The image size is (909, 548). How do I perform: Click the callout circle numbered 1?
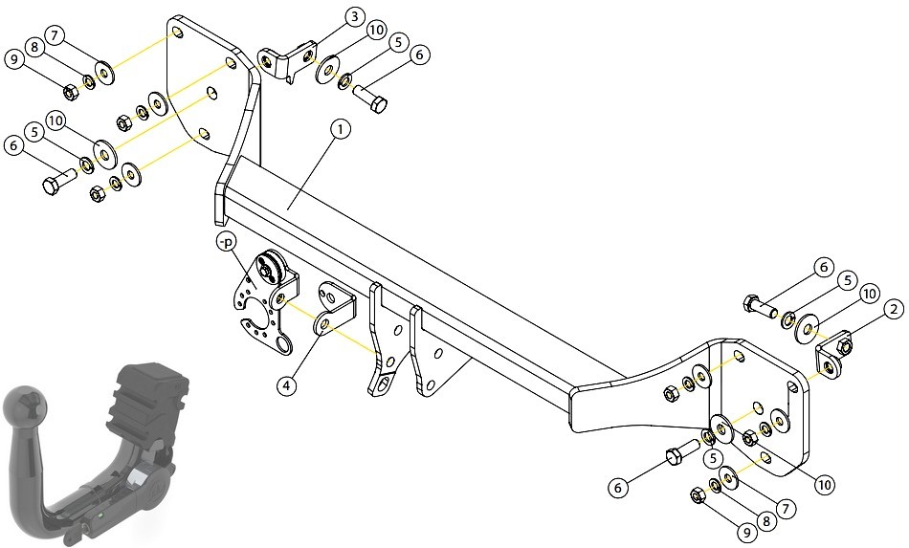pyautogui.click(x=341, y=129)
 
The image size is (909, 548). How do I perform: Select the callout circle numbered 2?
pyautogui.click(x=894, y=309)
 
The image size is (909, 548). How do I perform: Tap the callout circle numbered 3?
pyautogui.click(x=354, y=17)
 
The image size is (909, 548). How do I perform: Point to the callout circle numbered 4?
pyautogui.click(x=286, y=385)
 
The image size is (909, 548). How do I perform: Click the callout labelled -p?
pyautogui.click(x=226, y=242)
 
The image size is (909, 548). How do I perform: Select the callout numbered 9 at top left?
pyautogui.click(x=14, y=59)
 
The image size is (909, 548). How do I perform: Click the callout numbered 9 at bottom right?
pyautogui.click(x=746, y=532)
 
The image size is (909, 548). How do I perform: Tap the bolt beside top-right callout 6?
pyautogui.click(x=760, y=307)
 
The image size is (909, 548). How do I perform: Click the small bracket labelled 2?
pyautogui.click(x=833, y=356)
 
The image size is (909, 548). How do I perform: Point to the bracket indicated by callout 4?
pyautogui.click(x=334, y=308)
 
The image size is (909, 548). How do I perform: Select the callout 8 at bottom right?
pyautogui.click(x=765, y=521)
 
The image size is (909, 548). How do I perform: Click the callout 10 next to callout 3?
pyautogui.click(x=377, y=30)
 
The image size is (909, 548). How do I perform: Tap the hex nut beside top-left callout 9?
pyautogui.click(x=70, y=91)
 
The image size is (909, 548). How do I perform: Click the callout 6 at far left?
pyautogui.click(x=14, y=145)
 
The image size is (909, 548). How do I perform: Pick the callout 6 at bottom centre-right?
pyautogui.click(x=618, y=488)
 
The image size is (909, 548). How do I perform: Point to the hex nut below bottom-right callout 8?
pyautogui.click(x=698, y=495)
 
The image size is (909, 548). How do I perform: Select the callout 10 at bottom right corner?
pyautogui.click(x=825, y=484)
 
